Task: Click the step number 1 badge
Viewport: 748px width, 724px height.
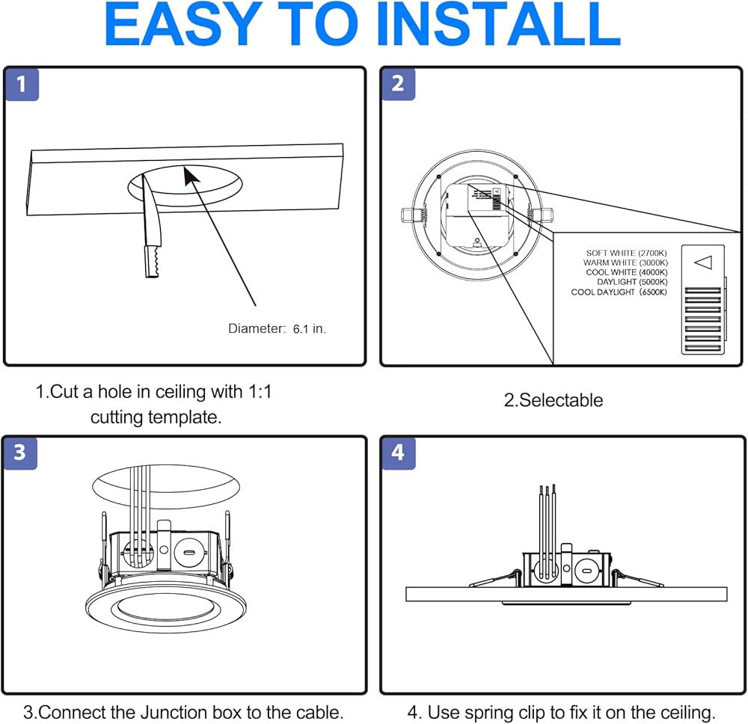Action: [22, 85]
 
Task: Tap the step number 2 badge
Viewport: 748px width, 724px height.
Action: [398, 84]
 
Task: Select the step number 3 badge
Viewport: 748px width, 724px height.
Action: [20, 452]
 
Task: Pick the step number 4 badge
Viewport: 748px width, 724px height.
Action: [398, 452]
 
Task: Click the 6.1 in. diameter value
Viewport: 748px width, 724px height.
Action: [309, 328]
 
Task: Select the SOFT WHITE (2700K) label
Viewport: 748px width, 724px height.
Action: [627, 254]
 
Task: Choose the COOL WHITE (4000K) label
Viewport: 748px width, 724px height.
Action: [627, 273]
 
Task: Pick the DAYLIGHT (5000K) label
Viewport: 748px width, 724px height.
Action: [632, 283]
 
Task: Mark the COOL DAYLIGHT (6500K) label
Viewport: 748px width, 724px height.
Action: [619, 292]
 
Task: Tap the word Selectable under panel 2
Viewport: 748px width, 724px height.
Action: [560, 400]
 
